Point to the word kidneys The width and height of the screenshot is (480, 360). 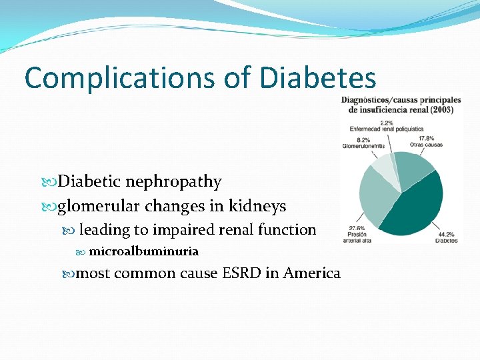click(259, 206)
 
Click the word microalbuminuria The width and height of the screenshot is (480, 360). click(143, 251)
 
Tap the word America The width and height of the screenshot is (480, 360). click(312, 273)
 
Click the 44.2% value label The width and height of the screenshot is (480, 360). click(447, 233)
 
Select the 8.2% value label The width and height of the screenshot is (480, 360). click(364, 140)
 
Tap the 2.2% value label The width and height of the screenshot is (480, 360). click(387, 123)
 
